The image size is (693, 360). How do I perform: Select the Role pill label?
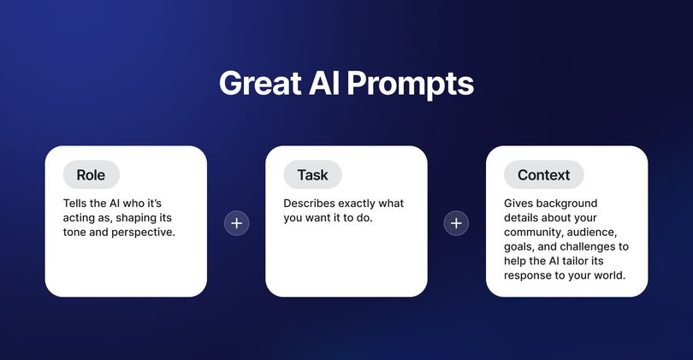91,174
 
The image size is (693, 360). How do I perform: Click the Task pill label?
312,174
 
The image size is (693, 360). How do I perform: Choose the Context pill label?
543,174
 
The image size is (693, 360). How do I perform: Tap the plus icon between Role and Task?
237,223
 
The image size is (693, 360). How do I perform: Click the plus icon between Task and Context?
457,223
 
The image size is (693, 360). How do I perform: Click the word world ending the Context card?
607,275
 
